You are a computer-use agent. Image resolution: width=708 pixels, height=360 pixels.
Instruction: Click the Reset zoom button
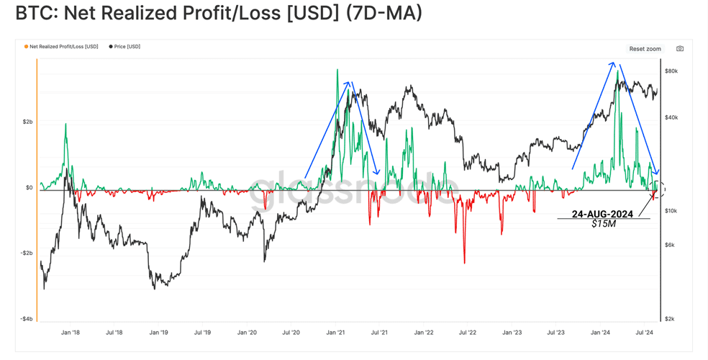[645, 49]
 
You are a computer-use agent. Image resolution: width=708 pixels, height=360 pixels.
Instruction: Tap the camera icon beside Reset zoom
[679, 49]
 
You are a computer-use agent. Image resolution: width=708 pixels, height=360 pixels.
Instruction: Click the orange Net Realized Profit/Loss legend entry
[61, 47]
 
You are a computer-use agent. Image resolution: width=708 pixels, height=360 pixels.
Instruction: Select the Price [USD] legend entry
[124, 47]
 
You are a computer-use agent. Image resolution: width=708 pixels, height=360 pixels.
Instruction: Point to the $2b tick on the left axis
[27, 122]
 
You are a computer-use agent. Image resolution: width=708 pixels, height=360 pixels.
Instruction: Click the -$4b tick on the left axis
[26, 319]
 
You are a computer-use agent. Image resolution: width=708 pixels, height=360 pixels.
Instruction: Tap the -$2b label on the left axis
[26, 253]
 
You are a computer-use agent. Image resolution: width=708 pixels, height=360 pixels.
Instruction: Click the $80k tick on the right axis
[671, 71]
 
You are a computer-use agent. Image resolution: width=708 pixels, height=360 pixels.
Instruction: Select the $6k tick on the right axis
[670, 245]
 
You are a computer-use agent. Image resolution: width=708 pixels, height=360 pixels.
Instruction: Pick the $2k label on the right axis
[670, 319]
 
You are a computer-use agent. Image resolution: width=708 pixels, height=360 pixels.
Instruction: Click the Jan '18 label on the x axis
[70, 333]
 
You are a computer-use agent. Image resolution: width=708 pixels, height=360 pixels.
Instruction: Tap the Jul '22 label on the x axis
[468, 333]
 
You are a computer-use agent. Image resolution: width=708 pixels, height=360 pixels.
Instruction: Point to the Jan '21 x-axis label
[335, 333]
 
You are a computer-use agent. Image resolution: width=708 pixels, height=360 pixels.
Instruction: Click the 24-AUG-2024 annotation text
[602, 214]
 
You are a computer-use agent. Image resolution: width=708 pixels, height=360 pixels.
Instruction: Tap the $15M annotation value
[604, 223]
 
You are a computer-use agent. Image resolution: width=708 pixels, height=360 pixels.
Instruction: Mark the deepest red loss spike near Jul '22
[464, 263]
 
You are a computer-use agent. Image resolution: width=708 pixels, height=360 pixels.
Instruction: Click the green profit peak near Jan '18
[65, 125]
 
